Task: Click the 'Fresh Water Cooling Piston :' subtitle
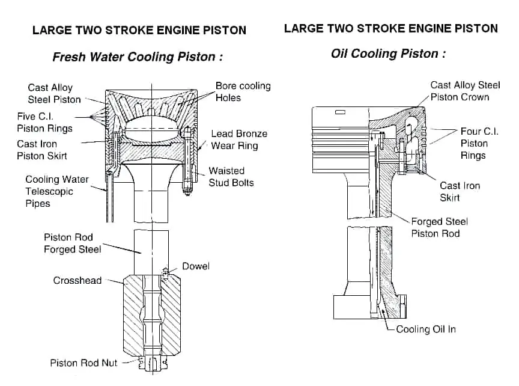coord(138,57)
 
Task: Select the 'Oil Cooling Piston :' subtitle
coord(388,54)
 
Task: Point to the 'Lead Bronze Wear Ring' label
coord(238,139)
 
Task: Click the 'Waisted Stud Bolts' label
coord(231,177)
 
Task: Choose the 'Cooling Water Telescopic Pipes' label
coord(56,191)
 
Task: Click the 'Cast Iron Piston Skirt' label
coord(42,150)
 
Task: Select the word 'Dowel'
coord(196,266)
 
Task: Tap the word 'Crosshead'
coord(77,280)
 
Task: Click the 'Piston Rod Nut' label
coord(83,363)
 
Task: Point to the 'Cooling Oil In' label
coord(426,329)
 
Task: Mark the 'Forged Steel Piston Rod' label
coord(439,227)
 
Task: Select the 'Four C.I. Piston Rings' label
coord(478,143)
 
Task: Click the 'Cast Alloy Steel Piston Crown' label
coord(464,91)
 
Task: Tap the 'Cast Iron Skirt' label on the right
coord(460,191)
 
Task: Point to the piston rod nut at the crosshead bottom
coord(153,363)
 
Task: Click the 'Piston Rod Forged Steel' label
coord(72,243)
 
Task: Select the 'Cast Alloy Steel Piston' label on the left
coord(54,93)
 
